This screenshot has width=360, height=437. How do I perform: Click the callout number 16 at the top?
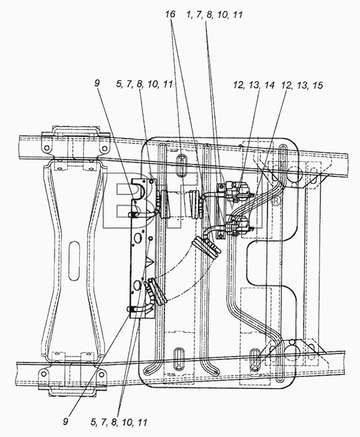170,14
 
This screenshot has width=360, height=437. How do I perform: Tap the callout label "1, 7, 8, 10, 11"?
214,14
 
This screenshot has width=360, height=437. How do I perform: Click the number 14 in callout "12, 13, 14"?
269,85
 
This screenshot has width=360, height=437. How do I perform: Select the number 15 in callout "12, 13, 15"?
317,85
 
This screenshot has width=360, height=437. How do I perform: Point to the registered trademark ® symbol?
276,201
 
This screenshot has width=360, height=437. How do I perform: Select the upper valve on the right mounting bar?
238,191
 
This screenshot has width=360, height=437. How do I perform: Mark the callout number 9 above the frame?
97,83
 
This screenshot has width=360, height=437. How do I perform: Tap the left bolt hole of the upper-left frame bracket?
47,148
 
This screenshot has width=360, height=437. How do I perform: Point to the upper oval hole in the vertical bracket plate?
137,238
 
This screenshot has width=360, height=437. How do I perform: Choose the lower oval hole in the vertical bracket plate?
137,285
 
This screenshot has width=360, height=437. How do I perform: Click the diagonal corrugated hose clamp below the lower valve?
208,247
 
